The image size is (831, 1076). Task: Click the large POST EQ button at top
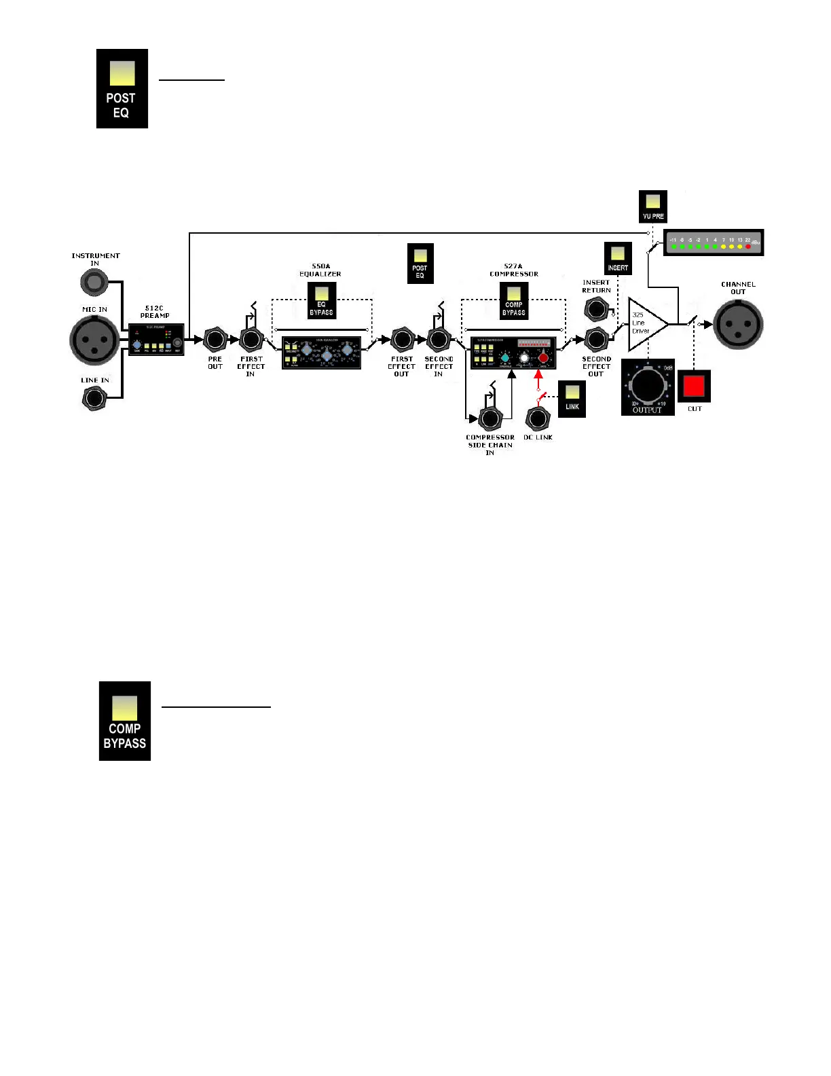pyautogui.click(x=122, y=88)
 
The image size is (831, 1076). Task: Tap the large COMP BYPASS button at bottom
pyautogui.click(x=125, y=721)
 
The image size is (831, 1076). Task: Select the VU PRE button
pyautogui.click(x=653, y=207)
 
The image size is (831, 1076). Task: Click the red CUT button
pyautogui.click(x=694, y=387)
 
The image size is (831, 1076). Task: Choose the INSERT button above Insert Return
pyautogui.click(x=618, y=258)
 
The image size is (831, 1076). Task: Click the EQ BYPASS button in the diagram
pyautogui.click(x=322, y=300)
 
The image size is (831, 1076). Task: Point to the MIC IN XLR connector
pyautogui.click(x=94, y=340)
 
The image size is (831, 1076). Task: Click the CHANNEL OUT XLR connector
pyautogui.click(x=738, y=324)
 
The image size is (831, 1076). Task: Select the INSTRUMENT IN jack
pyautogui.click(x=94, y=281)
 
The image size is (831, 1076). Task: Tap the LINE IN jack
pyautogui.click(x=94, y=397)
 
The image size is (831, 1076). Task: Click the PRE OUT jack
pyautogui.click(x=215, y=339)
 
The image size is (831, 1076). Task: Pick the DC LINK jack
pyautogui.click(x=538, y=418)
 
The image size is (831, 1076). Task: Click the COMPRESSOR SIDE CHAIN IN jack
pyautogui.click(x=490, y=418)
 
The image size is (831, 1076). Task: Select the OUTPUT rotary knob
pyautogui.click(x=648, y=386)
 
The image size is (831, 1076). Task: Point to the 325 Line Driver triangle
pyautogui.click(x=644, y=324)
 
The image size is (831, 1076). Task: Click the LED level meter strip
pyautogui.click(x=713, y=243)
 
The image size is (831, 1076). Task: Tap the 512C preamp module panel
pyautogui.click(x=156, y=340)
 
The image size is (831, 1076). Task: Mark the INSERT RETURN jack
pyautogui.click(x=596, y=310)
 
